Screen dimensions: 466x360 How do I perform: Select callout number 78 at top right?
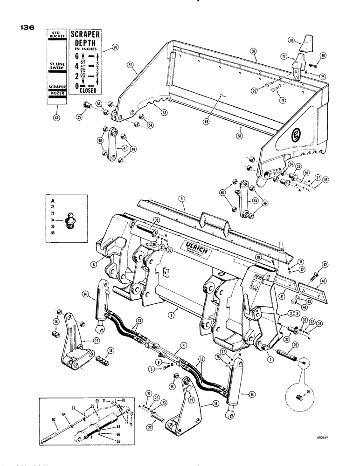(318, 41)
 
